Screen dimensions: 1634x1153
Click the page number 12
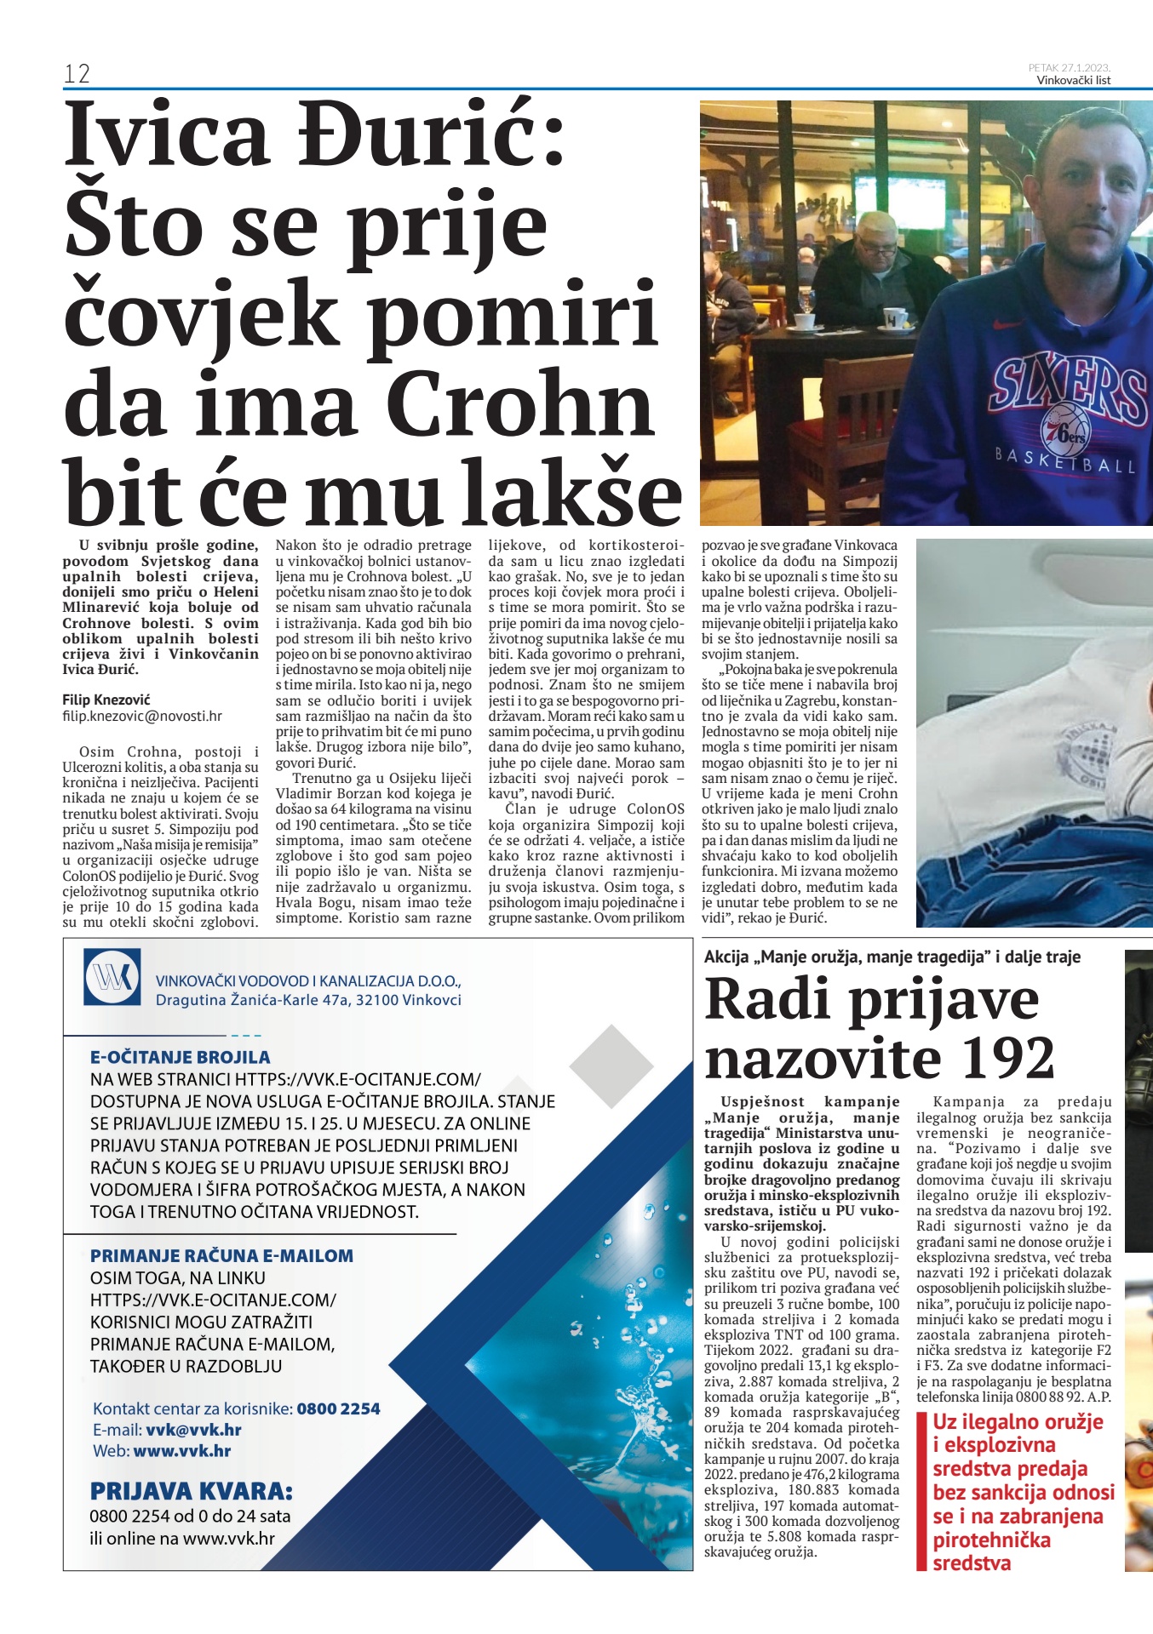(x=77, y=74)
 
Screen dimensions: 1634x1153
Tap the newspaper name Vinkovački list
(x=1073, y=80)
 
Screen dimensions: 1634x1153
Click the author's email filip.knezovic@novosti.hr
(x=142, y=717)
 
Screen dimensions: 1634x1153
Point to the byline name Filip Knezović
(x=106, y=700)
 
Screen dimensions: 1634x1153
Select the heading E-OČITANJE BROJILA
(x=180, y=1057)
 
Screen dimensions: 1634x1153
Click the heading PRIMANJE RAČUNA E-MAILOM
(x=221, y=1255)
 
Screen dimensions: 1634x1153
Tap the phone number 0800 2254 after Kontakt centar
(x=338, y=1408)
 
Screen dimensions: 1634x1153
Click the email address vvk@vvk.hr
(x=193, y=1430)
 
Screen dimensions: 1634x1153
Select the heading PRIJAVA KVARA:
(x=191, y=1491)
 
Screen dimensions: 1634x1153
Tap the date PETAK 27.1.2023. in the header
(x=1069, y=67)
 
